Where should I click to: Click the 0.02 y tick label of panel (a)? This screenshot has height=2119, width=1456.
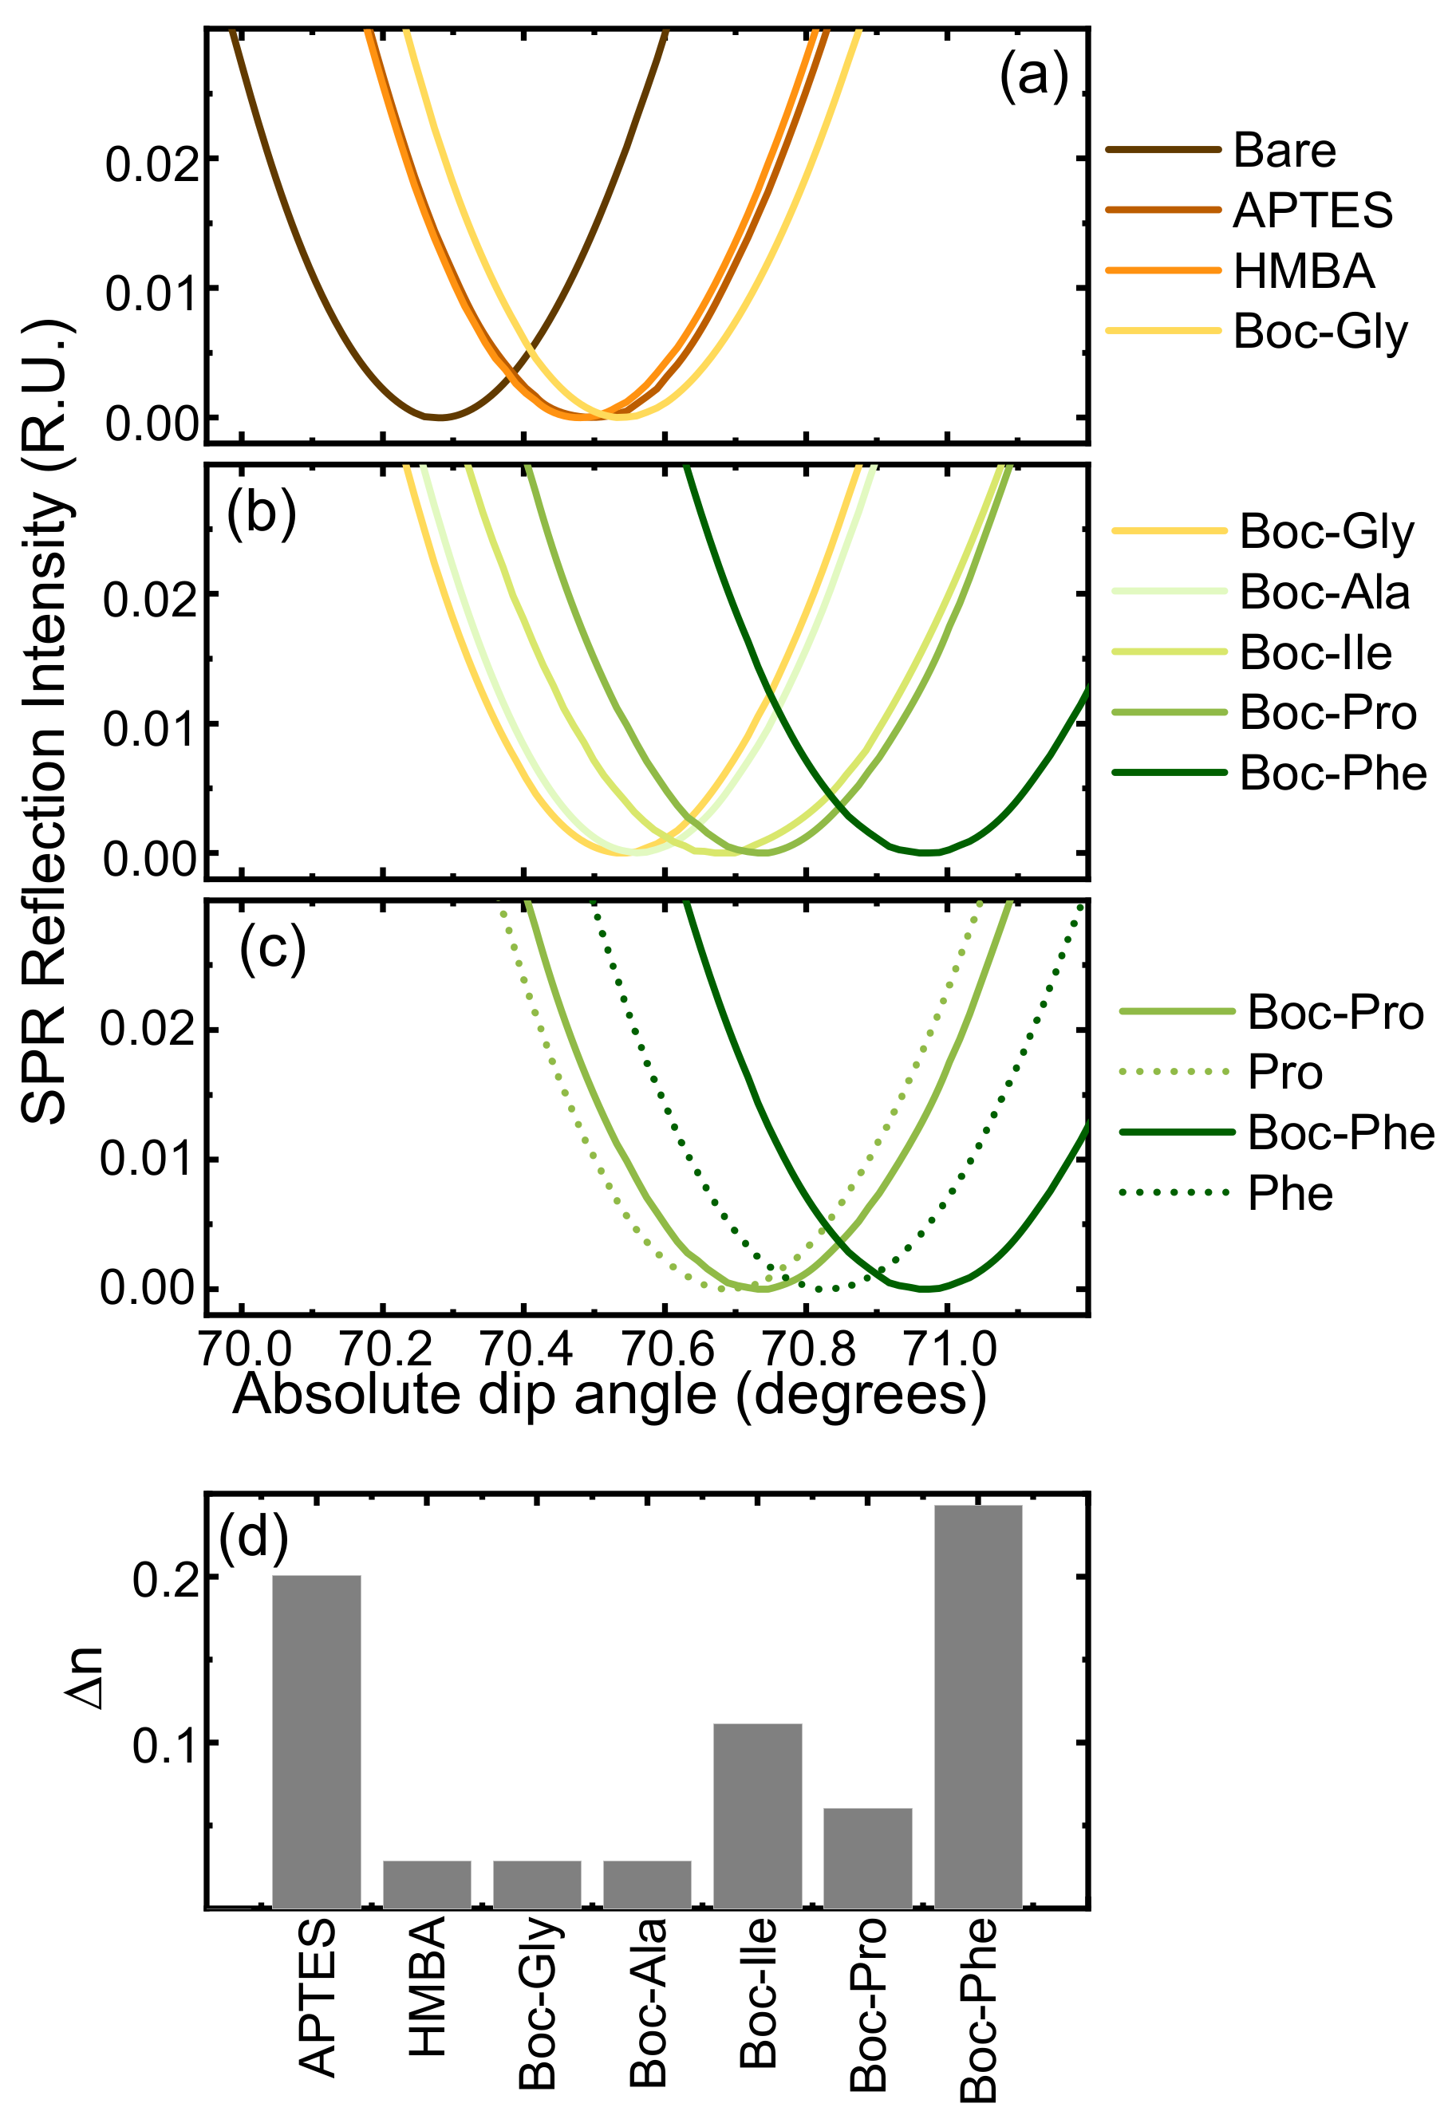click(x=151, y=164)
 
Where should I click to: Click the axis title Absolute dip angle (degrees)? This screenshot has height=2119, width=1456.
click(x=610, y=1394)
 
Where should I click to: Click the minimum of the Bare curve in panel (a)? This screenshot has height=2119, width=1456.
click(x=440, y=418)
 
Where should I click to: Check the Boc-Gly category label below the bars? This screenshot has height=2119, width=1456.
click(x=538, y=2003)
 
